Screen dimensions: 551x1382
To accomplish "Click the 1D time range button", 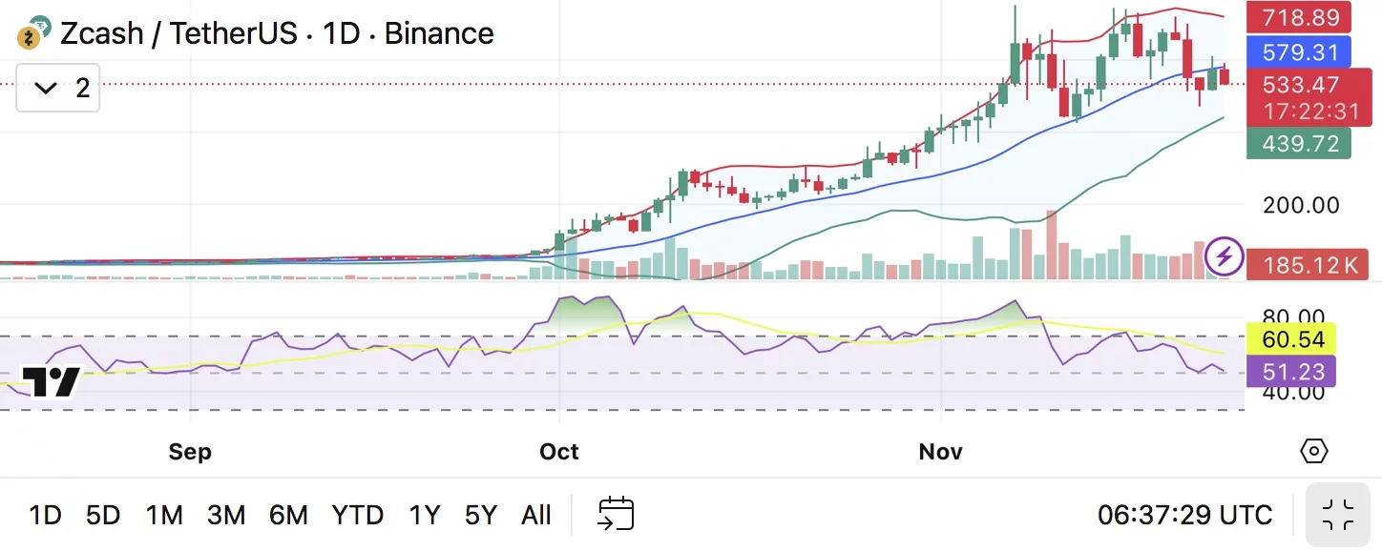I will coord(45,516).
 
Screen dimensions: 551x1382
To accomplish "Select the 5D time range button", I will coord(103,516).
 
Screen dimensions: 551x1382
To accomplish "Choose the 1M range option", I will coord(164,516).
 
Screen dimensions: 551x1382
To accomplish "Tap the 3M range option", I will coord(226,516).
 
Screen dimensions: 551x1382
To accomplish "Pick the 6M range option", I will coord(288,516).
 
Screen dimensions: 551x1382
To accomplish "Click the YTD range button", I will coord(358,516).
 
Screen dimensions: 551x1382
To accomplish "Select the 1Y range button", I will coord(425,516).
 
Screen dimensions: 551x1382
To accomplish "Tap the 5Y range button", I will coord(481,516).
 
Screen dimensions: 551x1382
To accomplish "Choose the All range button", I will coord(536,516).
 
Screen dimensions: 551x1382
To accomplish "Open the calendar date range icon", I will coord(616,515).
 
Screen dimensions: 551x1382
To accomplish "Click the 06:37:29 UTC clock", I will coord(1184,516).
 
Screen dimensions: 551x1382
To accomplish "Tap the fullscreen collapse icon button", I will coord(1338,515).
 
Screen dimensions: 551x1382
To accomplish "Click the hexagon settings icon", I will coord(1314,451).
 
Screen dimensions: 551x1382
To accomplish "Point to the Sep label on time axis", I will coord(189,451).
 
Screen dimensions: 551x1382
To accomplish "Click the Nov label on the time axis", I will coord(941,451).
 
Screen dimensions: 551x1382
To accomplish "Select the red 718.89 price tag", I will coord(1299,17).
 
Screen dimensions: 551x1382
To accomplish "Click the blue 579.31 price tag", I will coord(1299,51).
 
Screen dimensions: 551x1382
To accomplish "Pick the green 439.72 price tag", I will coord(1299,144).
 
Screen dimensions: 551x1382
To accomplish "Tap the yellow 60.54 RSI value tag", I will coord(1291,338).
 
